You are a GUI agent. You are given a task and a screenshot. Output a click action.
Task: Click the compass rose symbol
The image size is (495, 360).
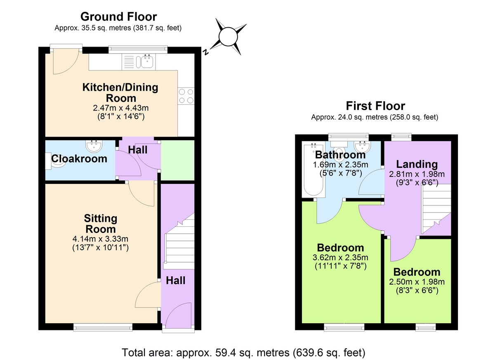pos(226,37)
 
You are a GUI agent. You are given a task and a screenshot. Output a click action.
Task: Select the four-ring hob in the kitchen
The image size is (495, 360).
pos(186,96)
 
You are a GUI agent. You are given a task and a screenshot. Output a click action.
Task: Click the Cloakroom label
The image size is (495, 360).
pos(79,159)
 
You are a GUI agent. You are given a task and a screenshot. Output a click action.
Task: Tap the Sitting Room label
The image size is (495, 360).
pos(101,224)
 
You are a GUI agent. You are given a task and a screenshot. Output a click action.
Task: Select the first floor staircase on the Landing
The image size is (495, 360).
pos(435,208)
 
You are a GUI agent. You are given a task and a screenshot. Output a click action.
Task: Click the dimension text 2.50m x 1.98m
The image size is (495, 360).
pos(416,282)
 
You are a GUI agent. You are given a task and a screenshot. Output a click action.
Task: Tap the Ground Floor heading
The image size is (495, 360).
pos(118,17)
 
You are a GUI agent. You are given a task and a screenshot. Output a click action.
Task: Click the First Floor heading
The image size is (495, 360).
pos(375,106)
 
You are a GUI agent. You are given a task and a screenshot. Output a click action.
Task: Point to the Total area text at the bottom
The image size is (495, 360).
pos(244,353)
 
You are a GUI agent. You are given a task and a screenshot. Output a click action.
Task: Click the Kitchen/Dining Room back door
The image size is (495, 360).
pos(64,62)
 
